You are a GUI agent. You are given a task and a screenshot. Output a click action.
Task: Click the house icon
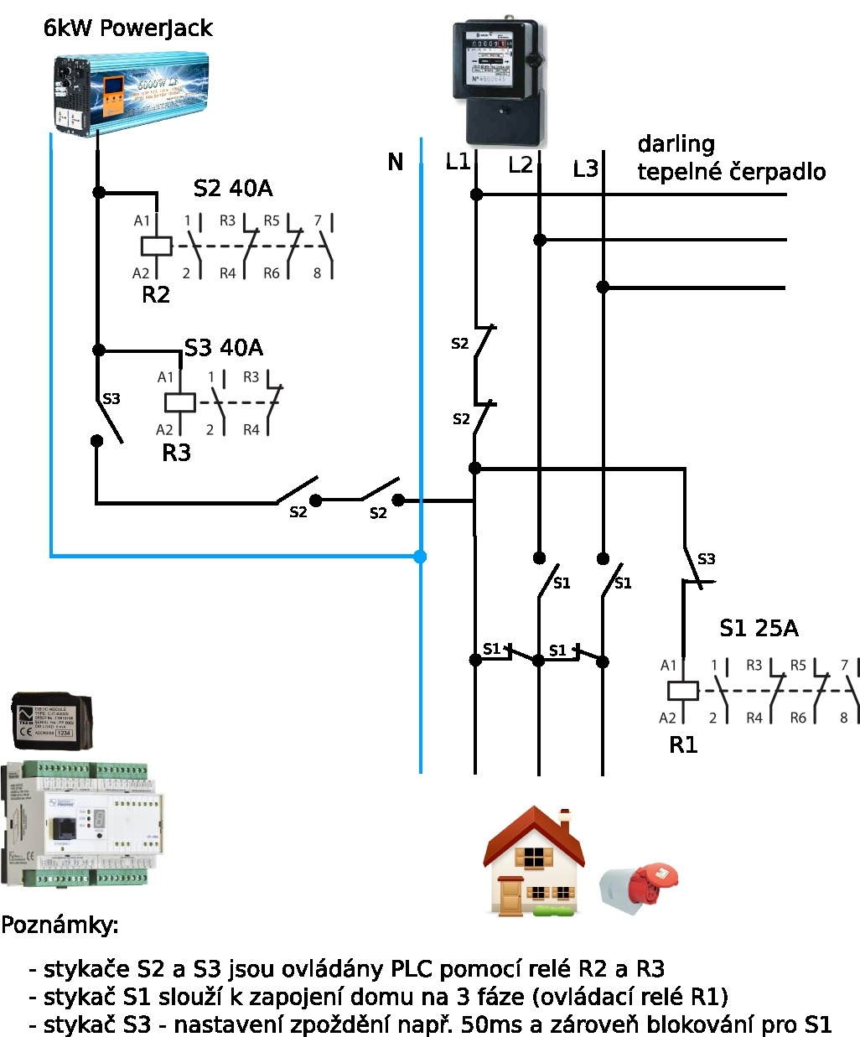pos(533,861)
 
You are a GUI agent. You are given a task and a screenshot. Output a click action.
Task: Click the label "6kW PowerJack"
pos(127,29)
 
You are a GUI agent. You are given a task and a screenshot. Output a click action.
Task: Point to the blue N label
pos(396,163)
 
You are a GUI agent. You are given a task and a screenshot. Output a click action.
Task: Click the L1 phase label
pos(458,162)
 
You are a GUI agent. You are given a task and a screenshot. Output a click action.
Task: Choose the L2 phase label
pos(521,165)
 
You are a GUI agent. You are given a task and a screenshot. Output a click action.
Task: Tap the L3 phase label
pos(585,169)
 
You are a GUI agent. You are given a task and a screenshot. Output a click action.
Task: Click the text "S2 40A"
pos(233,189)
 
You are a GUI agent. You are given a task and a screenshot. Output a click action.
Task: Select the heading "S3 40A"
pos(223,348)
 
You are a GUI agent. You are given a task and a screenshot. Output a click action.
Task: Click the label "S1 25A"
pos(759,629)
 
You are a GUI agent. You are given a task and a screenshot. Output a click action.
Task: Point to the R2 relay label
pos(156,295)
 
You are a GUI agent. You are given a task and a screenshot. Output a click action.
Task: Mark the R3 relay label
pos(176,454)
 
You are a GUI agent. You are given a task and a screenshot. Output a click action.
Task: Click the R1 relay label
pos(683,744)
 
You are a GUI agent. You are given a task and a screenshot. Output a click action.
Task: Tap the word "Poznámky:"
pos(60,926)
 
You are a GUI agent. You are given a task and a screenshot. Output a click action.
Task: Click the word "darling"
pos(676,144)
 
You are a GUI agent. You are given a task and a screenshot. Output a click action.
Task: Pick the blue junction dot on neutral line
pos(420,556)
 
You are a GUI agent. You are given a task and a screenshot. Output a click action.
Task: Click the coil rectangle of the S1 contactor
pos(683,691)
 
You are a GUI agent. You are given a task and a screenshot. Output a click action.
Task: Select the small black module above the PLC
pos(53,721)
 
